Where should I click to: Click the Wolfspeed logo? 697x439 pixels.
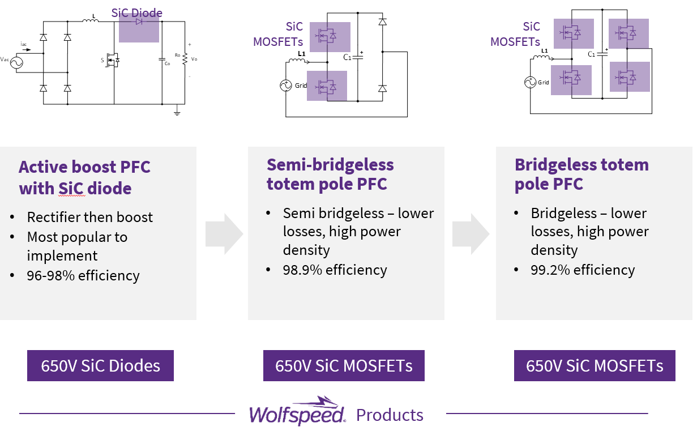click(x=297, y=411)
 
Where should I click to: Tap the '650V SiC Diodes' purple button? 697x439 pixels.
click(x=100, y=365)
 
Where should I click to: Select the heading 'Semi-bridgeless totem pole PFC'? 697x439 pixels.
click(x=330, y=174)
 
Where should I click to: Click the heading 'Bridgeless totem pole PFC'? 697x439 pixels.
click(x=581, y=174)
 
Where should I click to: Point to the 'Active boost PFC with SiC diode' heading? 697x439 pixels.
click(x=85, y=177)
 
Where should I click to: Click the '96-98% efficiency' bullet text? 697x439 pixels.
click(x=83, y=276)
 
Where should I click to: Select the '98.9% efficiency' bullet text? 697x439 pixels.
click(x=335, y=270)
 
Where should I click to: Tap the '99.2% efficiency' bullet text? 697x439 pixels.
click(x=583, y=270)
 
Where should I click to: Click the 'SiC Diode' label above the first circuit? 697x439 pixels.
click(x=136, y=12)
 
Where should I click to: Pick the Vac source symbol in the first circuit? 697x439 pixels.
click(x=14, y=63)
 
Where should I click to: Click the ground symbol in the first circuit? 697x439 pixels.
click(x=177, y=112)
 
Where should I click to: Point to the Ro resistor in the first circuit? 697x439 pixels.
click(x=184, y=58)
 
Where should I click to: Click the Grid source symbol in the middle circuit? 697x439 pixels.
click(x=285, y=86)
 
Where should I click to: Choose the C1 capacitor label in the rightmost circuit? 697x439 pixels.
click(x=591, y=54)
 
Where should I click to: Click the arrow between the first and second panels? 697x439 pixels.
click(x=224, y=233)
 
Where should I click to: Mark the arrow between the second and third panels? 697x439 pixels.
click(x=471, y=233)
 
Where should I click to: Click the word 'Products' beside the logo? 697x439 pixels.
click(x=390, y=415)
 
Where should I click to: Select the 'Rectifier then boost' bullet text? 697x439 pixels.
click(x=90, y=217)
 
